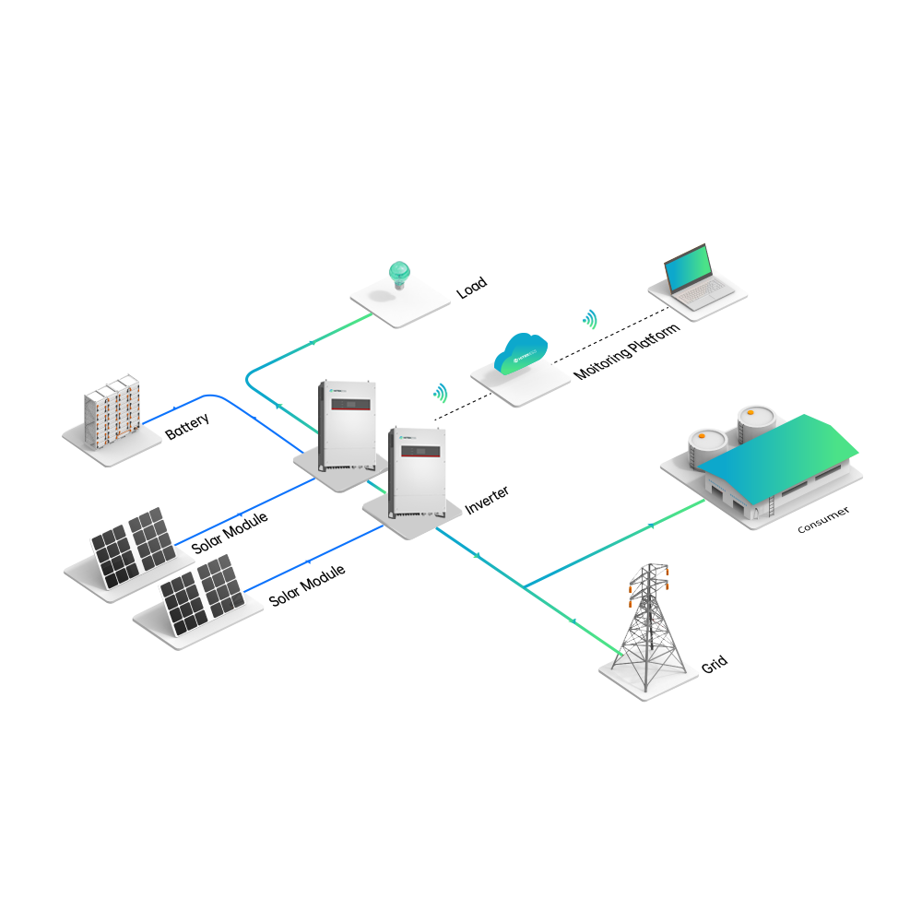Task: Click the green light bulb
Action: coord(399,273)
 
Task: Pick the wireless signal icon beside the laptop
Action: coord(589,319)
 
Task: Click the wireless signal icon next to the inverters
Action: coord(441,394)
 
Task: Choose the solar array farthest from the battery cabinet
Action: coord(203,595)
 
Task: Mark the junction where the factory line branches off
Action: coord(525,586)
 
